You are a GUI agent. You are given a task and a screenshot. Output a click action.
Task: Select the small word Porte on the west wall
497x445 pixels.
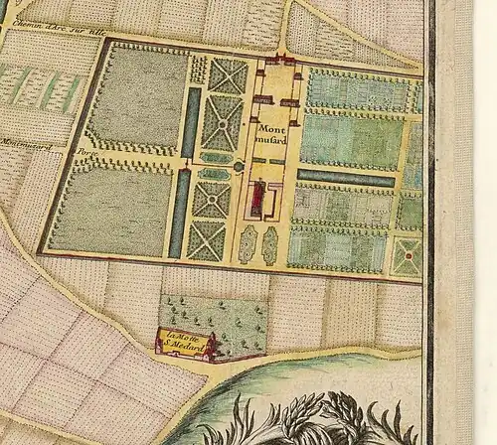pyautogui.click(x=81, y=154)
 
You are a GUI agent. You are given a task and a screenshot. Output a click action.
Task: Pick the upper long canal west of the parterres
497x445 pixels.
pyautogui.click(x=189, y=121)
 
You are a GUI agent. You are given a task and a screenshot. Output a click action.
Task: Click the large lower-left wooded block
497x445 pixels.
pyautogui.click(x=109, y=209)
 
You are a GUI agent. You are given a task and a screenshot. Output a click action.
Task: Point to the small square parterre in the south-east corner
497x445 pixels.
pyautogui.click(x=406, y=255)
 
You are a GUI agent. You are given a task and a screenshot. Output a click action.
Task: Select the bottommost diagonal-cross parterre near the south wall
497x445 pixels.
pyautogui.click(x=208, y=239)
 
